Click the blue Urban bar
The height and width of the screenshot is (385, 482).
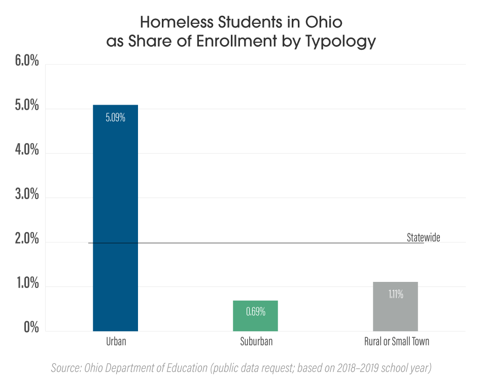pos(115,218)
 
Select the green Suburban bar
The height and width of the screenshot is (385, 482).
pos(255,316)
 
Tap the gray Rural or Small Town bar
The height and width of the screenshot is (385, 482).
pos(395,306)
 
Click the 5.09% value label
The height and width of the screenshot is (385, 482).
pos(115,118)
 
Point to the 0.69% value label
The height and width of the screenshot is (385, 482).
pos(255,312)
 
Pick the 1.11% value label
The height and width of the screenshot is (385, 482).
pos(395,294)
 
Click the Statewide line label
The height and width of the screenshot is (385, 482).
pos(423,237)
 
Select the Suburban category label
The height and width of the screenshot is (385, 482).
pos(256,341)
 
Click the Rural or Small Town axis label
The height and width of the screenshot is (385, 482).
pos(396,341)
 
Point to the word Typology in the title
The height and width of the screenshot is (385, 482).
pos(340,42)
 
